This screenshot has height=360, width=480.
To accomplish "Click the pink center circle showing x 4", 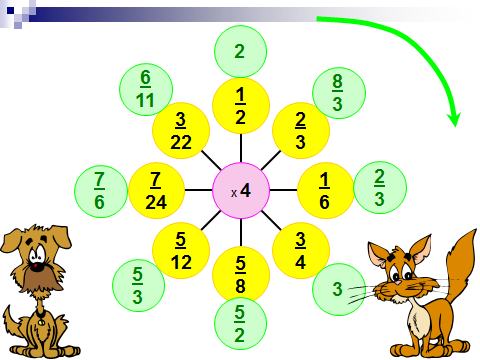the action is (241, 191).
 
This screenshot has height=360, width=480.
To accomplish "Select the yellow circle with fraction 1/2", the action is (241, 106).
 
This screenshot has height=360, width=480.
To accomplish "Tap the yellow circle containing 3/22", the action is (181, 130).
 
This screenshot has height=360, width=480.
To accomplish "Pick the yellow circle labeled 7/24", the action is (156, 191).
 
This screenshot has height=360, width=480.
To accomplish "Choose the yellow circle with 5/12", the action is (181, 250).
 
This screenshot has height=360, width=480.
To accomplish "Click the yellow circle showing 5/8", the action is (241, 275).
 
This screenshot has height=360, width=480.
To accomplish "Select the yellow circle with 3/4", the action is (301, 250).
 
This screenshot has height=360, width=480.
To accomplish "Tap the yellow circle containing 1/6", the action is (325, 191).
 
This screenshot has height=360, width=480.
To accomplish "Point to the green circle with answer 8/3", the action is (339, 92).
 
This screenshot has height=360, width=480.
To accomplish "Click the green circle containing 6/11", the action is (146, 89).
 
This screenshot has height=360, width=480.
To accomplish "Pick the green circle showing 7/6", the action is (101, 191).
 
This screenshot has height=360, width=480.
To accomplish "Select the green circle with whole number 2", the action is (240, 51).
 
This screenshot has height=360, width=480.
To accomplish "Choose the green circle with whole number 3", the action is (339, 289).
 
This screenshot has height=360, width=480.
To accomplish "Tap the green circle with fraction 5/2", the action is (240, 324).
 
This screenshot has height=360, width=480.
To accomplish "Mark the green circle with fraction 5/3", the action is (138, 285).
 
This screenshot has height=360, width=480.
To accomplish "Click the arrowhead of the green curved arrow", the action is (454, 119).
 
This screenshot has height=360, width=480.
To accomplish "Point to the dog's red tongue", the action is (35, 266).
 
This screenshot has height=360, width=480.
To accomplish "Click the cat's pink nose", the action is (399, 282).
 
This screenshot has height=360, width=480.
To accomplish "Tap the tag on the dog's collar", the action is (41, 322).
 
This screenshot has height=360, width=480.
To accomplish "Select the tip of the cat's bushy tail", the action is (475, 231).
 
